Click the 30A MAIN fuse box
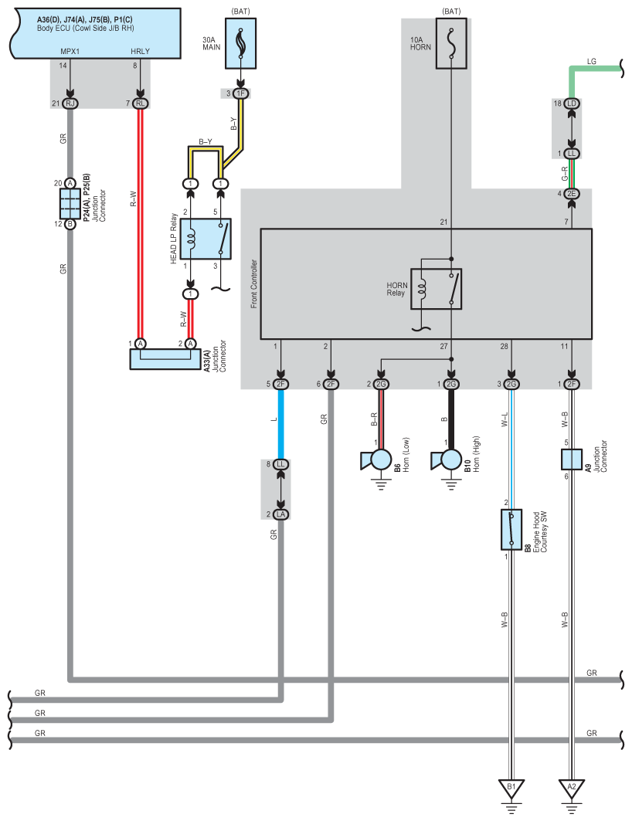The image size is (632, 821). pos(241,43)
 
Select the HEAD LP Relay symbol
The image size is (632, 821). pos(206,239)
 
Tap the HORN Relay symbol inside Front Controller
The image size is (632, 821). pos(437,289)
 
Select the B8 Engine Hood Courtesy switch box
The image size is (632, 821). pos(511,529)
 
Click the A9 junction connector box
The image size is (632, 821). pos(572,460)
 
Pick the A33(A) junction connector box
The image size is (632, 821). pos(165,359)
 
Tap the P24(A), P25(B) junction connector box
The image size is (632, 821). pos(70,204)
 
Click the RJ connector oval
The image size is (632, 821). pos(70,103)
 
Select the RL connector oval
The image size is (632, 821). pos(141,103)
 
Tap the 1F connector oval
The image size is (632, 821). pos(241,93)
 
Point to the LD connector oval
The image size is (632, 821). pos(572,103)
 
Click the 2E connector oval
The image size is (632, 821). pos(572,194)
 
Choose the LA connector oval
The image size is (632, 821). pos(281,514)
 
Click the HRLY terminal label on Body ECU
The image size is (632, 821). pos(141,51)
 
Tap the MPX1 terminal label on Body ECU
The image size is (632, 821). pos(70,51)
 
